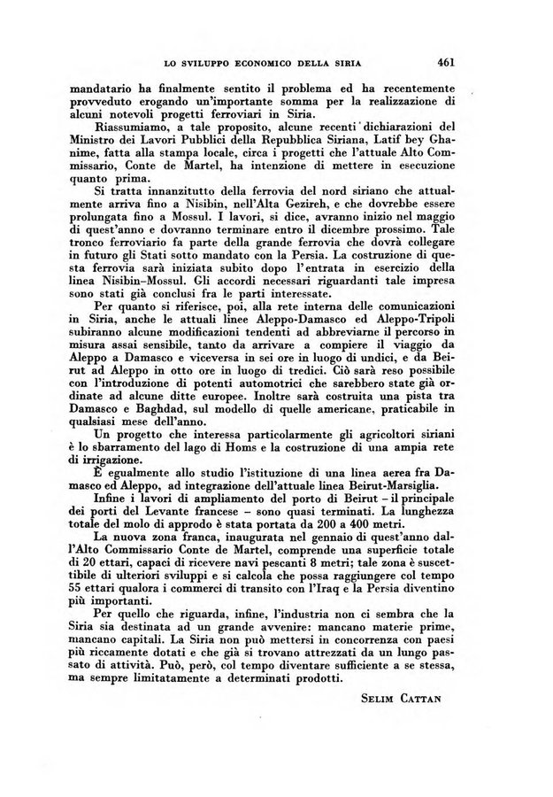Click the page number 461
tap(445, 63)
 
